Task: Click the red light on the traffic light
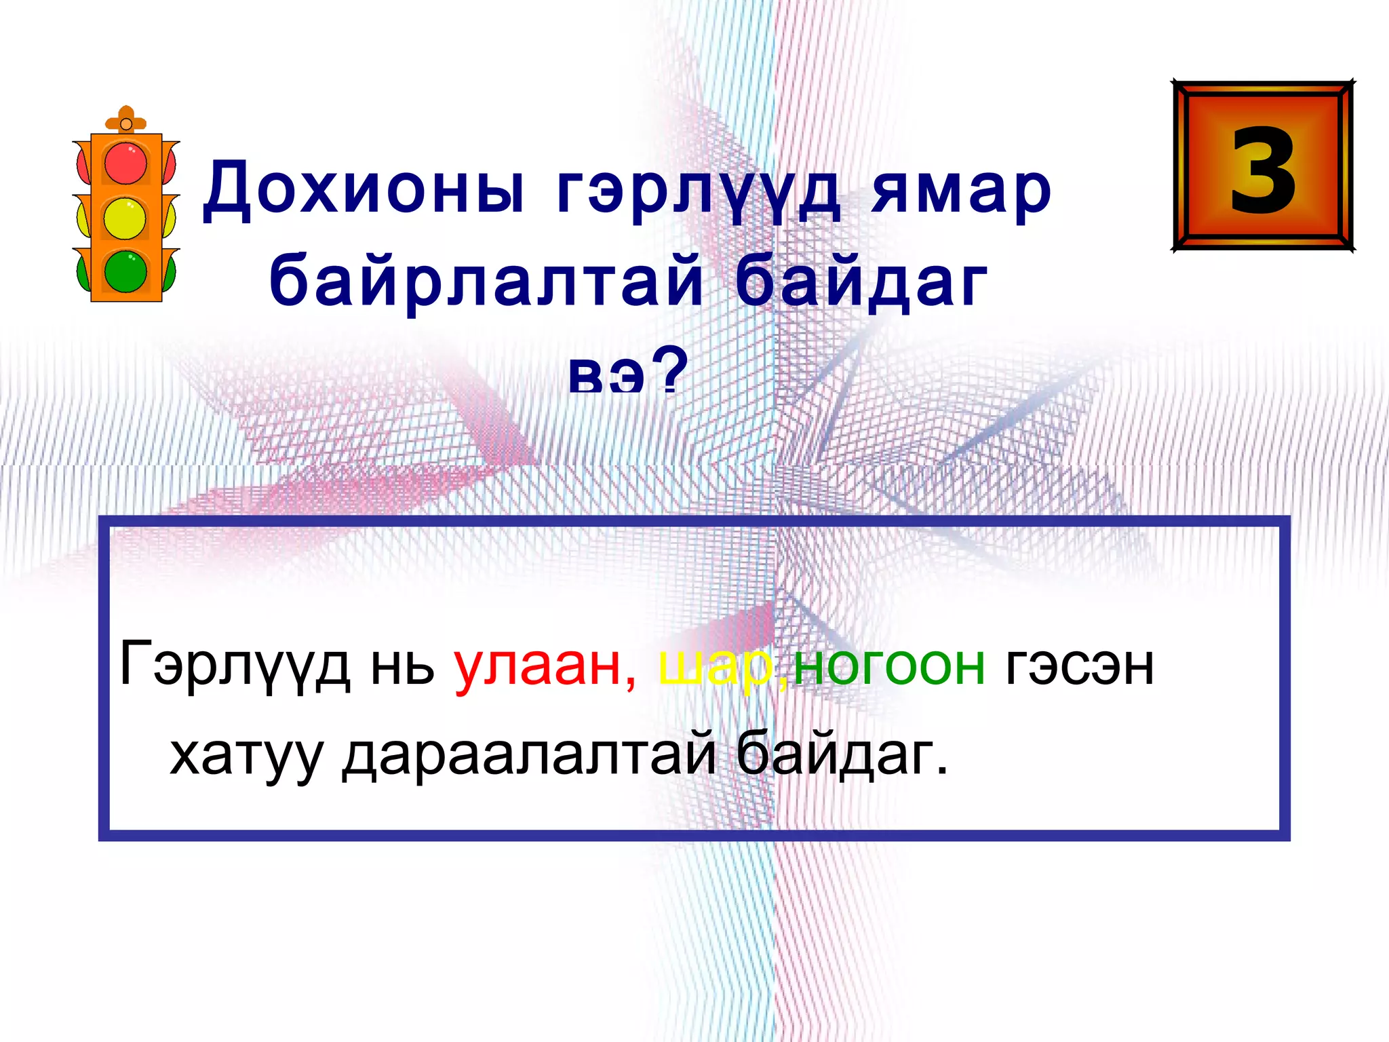click(x=125, y=163)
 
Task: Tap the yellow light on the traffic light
click(x=125, y=218)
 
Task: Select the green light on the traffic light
click(x=125, y=271)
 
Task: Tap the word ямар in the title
click(x=961, y=192)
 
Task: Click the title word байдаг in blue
click(x=861, y=282)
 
